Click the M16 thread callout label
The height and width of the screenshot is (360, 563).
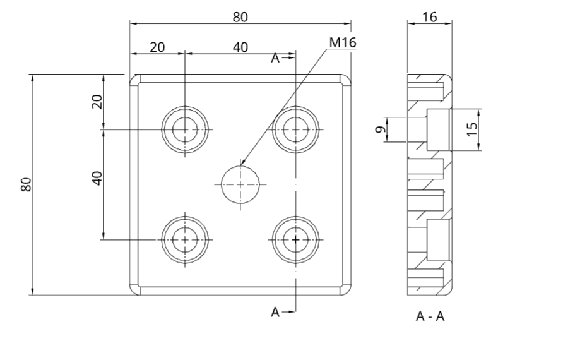343,43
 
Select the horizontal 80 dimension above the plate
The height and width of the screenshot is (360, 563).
240,17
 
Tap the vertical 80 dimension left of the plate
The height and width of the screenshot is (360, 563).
27,184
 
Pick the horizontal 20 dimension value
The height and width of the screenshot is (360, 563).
157,47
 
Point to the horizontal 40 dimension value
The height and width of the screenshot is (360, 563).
240,47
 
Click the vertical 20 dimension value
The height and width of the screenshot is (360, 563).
97,102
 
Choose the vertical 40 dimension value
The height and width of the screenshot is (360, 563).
97,179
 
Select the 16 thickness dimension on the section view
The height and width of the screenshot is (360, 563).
429,17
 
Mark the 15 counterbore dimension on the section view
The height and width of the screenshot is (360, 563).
473,129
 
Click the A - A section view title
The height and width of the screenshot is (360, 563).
430,316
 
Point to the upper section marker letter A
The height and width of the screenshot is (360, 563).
275,58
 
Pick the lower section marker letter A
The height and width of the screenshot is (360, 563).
275,312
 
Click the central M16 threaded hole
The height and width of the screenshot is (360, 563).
240,184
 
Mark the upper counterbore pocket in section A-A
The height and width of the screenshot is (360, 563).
438,129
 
